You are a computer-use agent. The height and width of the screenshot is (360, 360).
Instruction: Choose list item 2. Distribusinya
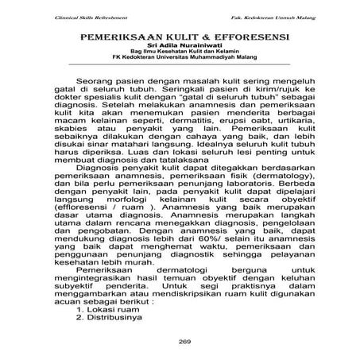[125, 317]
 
